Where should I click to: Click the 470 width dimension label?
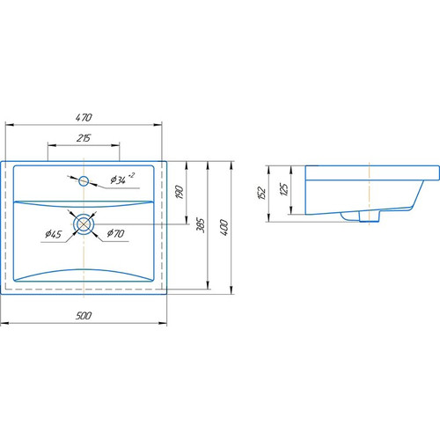click(x=84, y=118)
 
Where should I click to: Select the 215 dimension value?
click(x=84, y=138)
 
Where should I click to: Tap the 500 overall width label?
click(x=84, y=316)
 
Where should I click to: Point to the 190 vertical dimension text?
click(x=180, y=192)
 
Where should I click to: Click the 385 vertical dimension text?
click(x=201, y=225)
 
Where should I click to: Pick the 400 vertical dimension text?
click(x=224, y=227)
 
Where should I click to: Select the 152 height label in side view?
click(x=261, y=193)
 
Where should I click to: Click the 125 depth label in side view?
click(x=284, y=189)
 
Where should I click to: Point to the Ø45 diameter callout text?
click(x=54, y=234)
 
